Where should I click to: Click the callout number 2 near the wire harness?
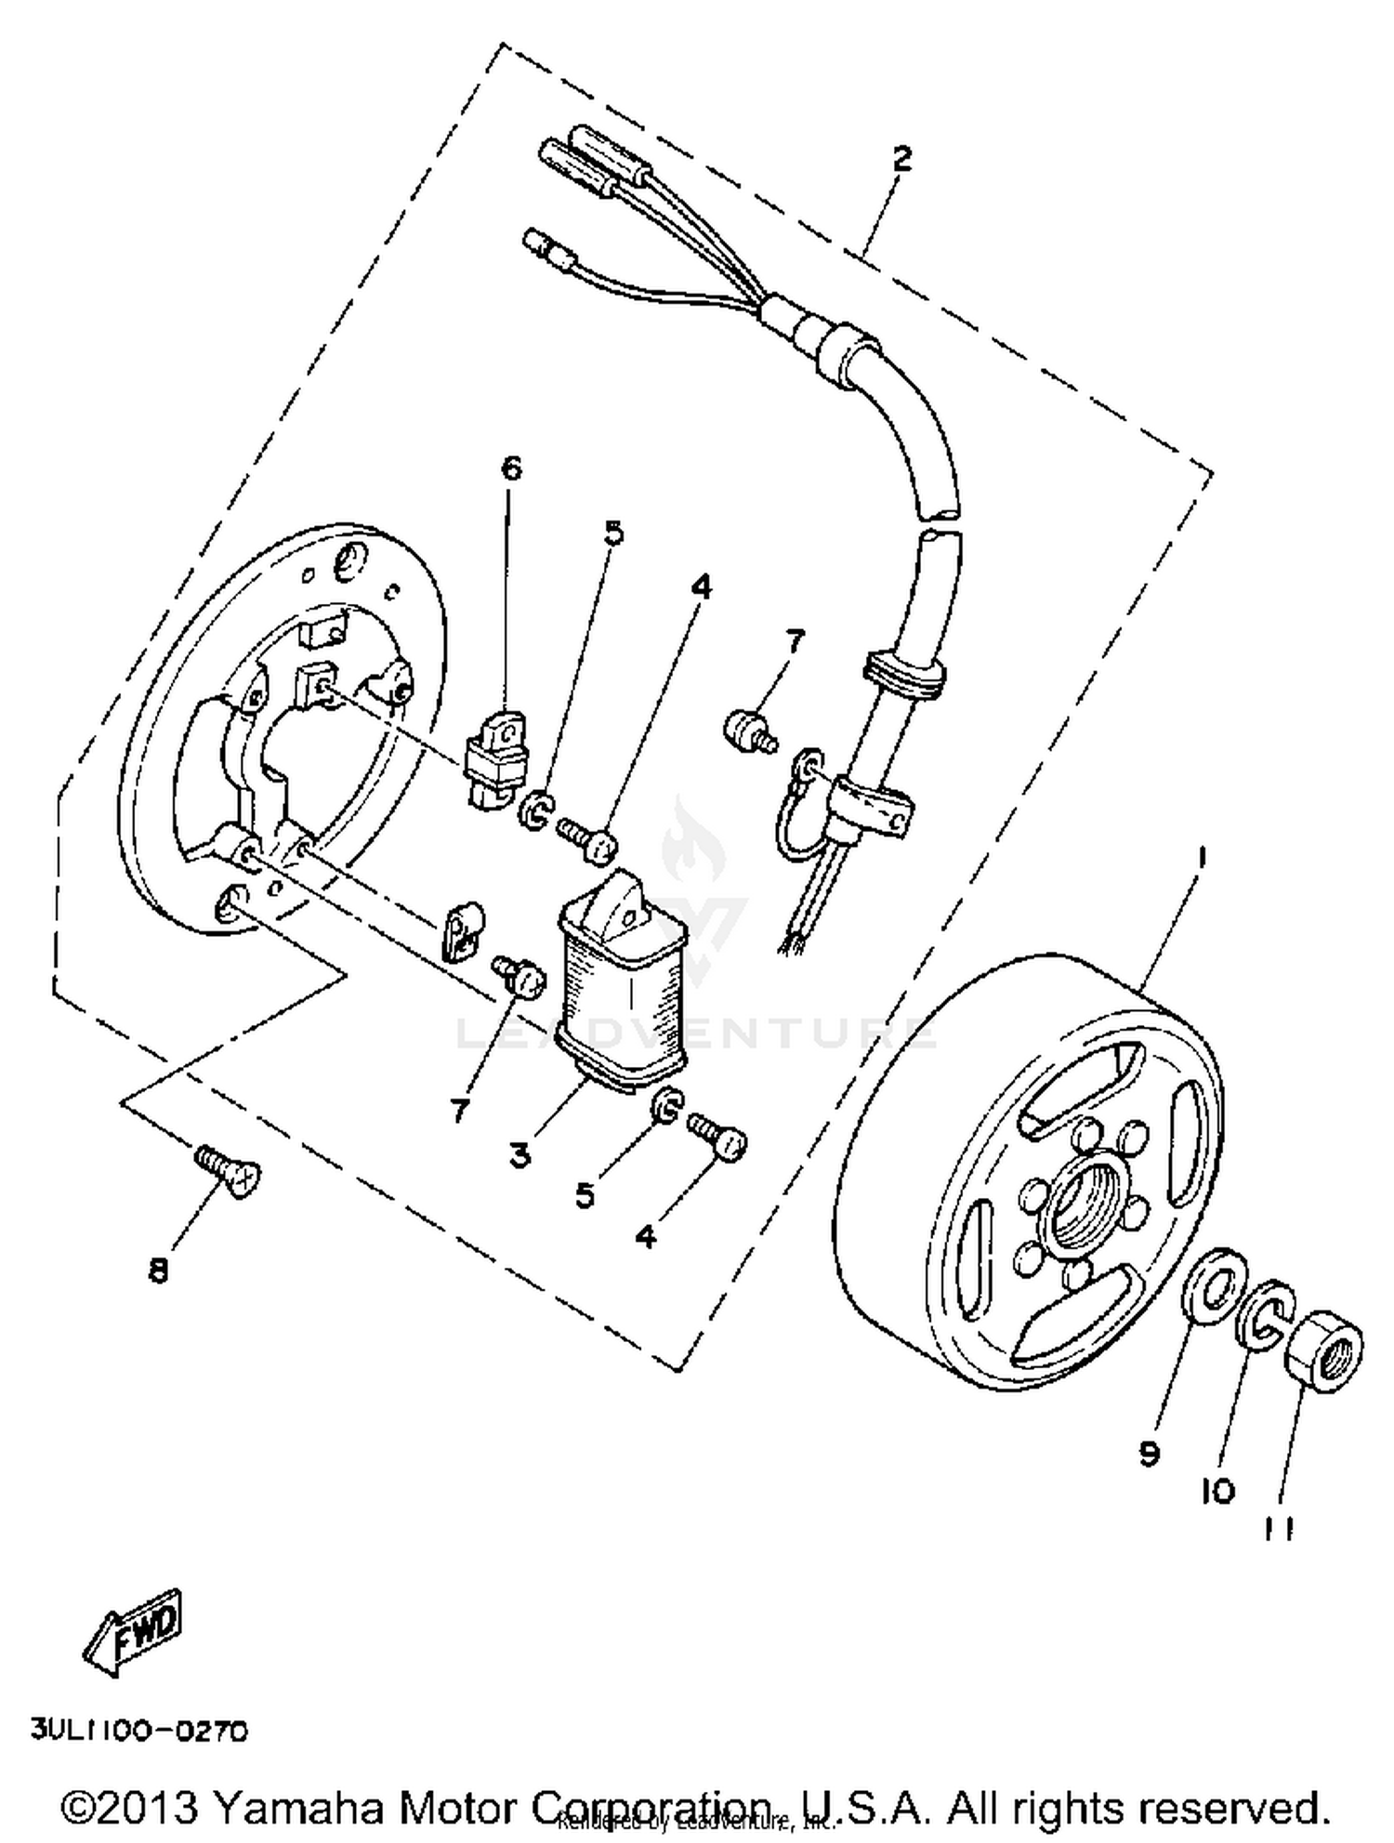pyautogui.click(x=900, y=160)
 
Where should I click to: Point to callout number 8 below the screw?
pyautogui.click(x=160, y=1270)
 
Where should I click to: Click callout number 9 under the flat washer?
pyautogui.click(x=1150, y=1453)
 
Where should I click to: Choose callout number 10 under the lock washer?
pyautogui.click(x=1217, y=1492)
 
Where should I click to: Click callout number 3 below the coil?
pyautogui.click(x=519, y=1155)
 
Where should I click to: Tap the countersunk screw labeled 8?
pyautogui.click(x=229, y=1172)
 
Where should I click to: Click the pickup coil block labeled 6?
pyautogui.click(x=493, y=757)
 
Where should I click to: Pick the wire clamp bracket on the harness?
pyautogui.click(x=869, y=801)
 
